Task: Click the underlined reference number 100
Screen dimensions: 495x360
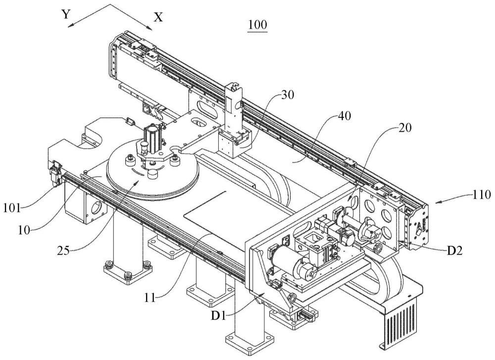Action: click(x=257, y=25)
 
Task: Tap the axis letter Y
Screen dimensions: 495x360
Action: click(x=65, y=14)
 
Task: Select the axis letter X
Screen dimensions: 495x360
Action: click(x=158, y=17)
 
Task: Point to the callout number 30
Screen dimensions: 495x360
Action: click(x=287, y=95)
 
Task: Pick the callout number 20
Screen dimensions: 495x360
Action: click(x=405, y=128)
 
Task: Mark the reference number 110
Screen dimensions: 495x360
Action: click(x=482, y=194)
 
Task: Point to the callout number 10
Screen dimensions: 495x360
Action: click(x=24, y=230)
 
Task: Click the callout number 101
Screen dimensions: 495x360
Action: click(x=12, y=208)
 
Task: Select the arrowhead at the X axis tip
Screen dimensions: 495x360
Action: click(x=150, y=28)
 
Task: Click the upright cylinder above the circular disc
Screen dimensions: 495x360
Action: click(x=151, y=136)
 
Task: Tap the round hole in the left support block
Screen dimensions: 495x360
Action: click(x=96, y=209)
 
